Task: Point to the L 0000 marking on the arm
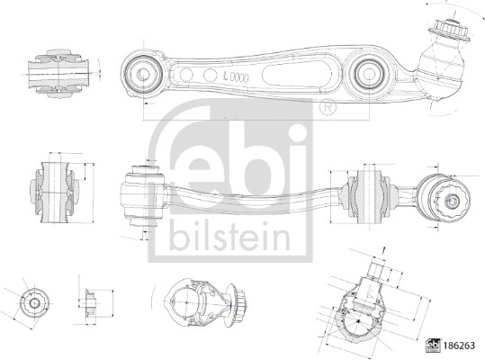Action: [232, 79]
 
